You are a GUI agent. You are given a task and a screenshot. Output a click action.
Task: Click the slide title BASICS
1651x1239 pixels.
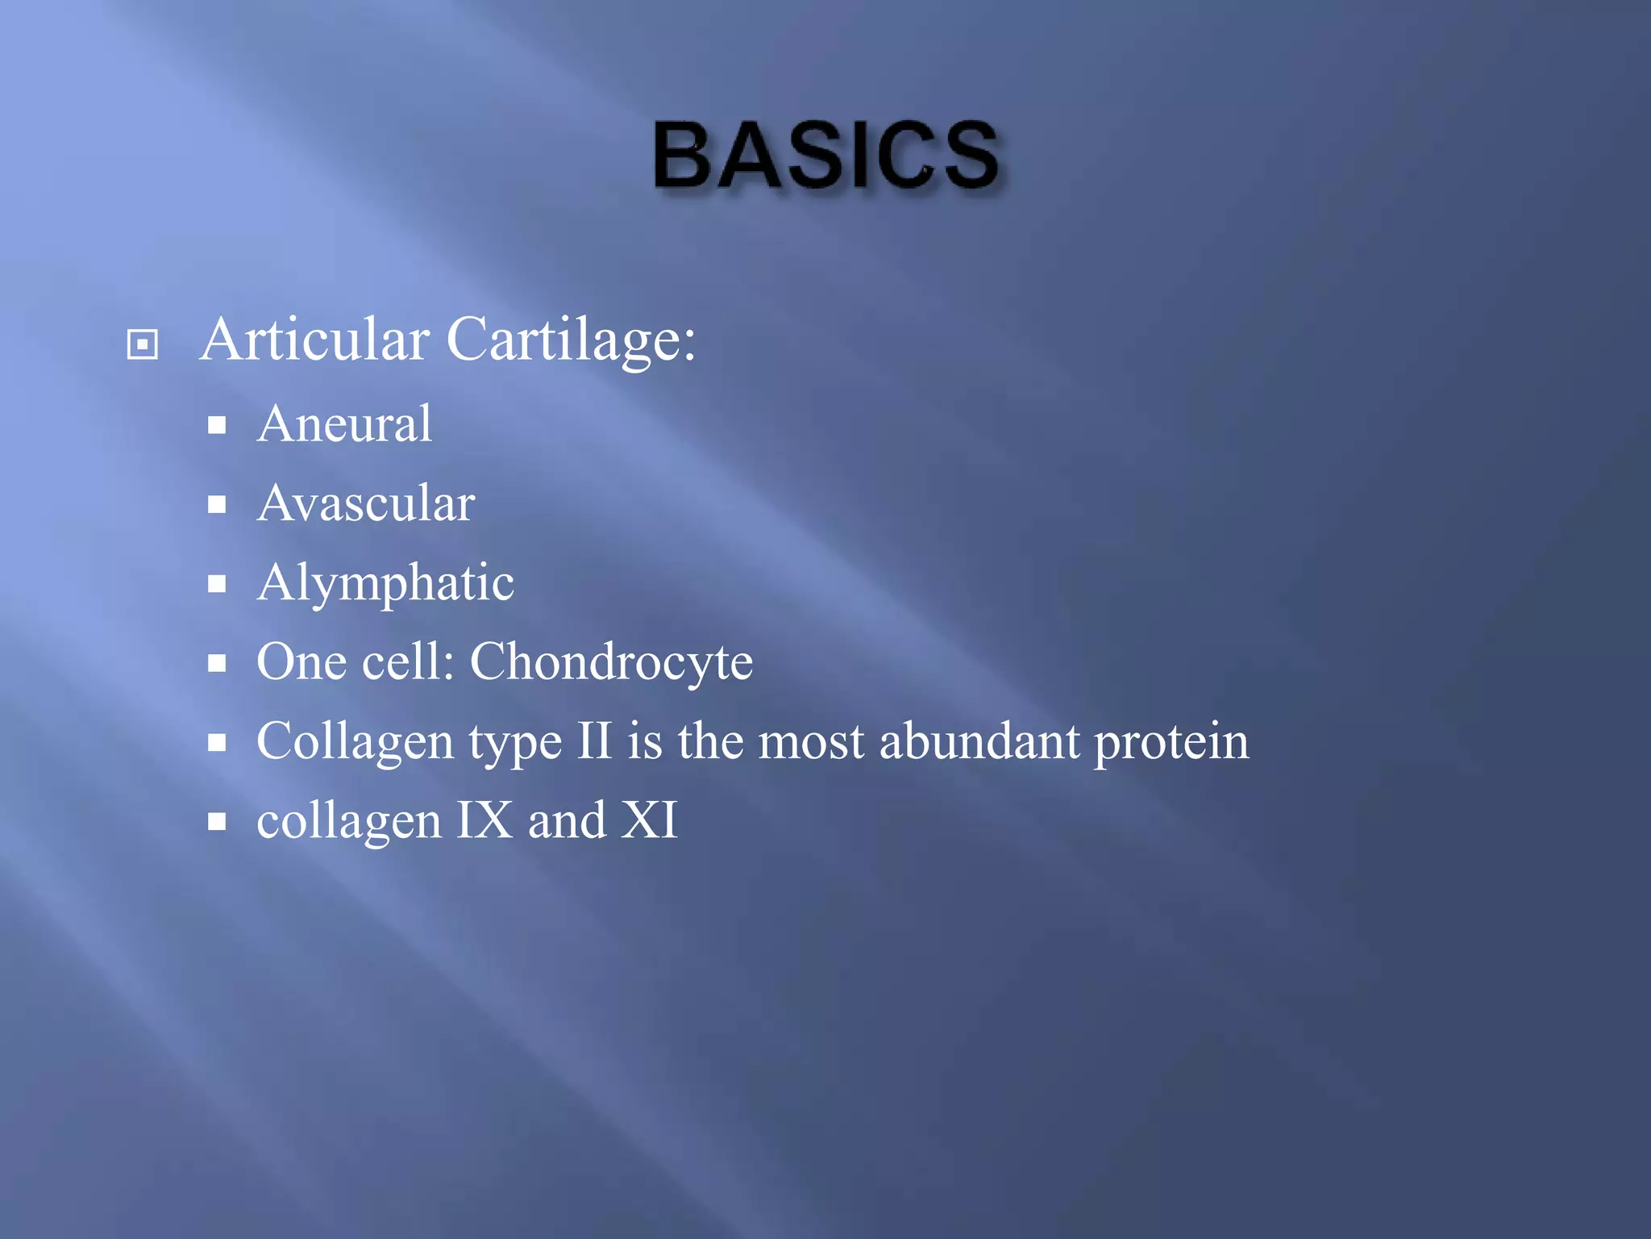click(826, 156)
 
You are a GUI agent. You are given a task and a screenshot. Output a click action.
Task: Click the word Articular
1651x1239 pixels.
click(314, 340)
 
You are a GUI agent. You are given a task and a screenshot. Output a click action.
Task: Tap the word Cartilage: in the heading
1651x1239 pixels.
click(570, 340)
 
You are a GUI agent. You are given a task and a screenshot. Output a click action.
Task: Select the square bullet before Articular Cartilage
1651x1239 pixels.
click(143, 344)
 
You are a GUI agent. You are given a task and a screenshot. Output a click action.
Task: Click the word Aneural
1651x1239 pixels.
click(344, 423)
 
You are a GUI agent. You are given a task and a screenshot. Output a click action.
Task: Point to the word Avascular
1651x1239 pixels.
click(365, 503)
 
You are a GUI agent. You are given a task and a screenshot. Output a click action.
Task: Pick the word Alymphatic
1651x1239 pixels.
click(385, 582)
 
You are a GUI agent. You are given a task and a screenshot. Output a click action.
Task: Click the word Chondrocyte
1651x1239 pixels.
click(611, 662)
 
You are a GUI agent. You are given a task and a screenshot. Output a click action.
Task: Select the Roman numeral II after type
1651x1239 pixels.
click(594, 740)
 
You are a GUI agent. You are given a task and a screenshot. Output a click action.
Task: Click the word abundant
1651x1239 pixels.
click(979, 740)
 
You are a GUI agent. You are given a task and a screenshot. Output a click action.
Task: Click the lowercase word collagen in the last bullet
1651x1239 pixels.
click(348, 821)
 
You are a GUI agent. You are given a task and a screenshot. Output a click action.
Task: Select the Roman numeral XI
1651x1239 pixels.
click(650, 820)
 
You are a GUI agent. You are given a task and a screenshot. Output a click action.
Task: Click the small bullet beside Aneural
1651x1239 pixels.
click(216, 425)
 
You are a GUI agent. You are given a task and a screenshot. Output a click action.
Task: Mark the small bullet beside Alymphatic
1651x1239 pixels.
click(216, 584)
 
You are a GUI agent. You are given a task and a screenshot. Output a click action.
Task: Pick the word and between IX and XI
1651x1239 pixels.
click(567, 820)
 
